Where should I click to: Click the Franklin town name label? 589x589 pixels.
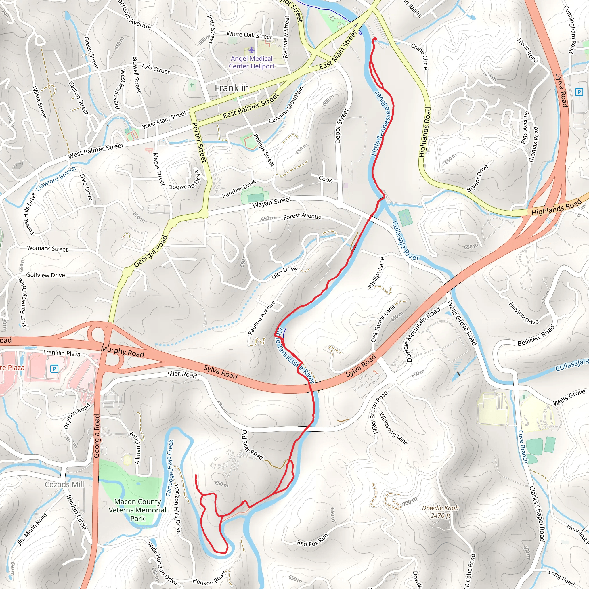[x=232, y=88]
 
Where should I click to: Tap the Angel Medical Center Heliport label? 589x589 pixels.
[x=252, y=62]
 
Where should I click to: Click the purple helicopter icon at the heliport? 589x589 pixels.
[x=251, y=50]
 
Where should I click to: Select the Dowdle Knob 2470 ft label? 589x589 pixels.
[x=440, y=512]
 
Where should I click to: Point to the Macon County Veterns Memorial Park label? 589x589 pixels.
[x=137, y=510]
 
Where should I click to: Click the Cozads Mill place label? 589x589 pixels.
[x=64, y=484]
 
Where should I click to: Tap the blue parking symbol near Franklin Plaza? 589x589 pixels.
[x=54, y=369]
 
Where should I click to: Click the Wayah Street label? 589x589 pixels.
[x=271, y=202]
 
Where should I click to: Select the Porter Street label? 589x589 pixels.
[x=200, y=142]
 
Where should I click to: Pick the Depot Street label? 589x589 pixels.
[x=341, y=126]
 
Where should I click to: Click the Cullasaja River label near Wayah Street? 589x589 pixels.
[x=405, y=241]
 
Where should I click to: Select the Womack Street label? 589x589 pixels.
[x=47, y=248]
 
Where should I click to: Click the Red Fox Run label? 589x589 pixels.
[x=313, y=540]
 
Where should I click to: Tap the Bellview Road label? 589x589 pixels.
[x=536, y=336]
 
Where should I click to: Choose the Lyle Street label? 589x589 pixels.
[x=156, y=69]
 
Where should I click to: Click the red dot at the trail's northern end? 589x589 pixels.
[x=375, y=39]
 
